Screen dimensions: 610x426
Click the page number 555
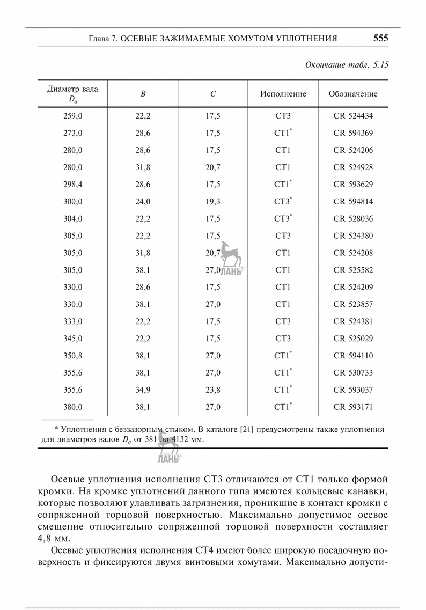click(x=380, y=39)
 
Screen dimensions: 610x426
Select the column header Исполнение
click(x=283, y=94)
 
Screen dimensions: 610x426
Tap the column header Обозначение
click(x=353, y=94)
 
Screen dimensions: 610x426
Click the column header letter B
click(x=143, y=94)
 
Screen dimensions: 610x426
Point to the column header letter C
click(x=213, y=94)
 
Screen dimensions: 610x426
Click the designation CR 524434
click(x=353, y=116)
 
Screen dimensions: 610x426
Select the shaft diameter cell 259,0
click(x=73, y=116)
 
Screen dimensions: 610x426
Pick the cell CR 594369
click(x=353, y=133)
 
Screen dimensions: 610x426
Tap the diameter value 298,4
click(x=73, y=185)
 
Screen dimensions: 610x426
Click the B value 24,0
click(x=143, y=202)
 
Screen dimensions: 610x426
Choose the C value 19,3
click(x=213, y=202)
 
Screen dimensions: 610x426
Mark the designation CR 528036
click(x=353, y=219)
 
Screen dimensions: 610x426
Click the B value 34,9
click(x=143, y=390)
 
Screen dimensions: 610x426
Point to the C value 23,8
click(x=213, y=390)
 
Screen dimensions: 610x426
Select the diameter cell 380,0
click(x=73, y=407)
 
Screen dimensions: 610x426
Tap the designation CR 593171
click(x=353, y=407)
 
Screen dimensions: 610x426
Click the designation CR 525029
click(x=353, y=339)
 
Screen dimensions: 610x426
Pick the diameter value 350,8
click(x=73, y=356)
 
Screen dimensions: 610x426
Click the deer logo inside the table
click(x=232, y=254)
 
